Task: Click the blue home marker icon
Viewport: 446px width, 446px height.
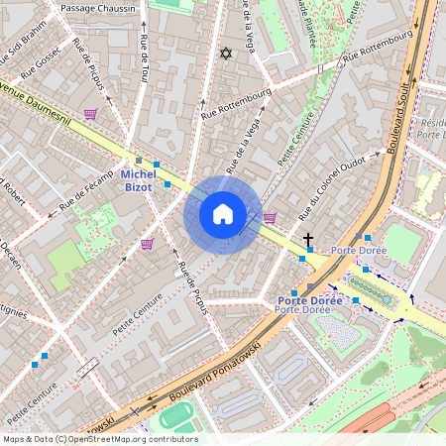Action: click(x=223, y=214)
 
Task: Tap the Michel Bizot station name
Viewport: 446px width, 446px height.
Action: click(x=138, y=180)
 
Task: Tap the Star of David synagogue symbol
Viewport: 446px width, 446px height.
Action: click(x=224, y=53)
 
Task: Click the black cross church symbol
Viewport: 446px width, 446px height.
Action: click(x=308, y=240)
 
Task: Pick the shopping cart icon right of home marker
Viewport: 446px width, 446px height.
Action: click(x=270, y=218)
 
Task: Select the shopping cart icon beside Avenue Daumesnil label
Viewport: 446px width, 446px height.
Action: click(x=91, y=114)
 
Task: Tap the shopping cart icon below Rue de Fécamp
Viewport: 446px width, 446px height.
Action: click(x=147, y=244)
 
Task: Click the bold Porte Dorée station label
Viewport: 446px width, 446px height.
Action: click(x=309, y=299)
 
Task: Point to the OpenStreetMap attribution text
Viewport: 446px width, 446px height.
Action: click(x=99, y=439)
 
